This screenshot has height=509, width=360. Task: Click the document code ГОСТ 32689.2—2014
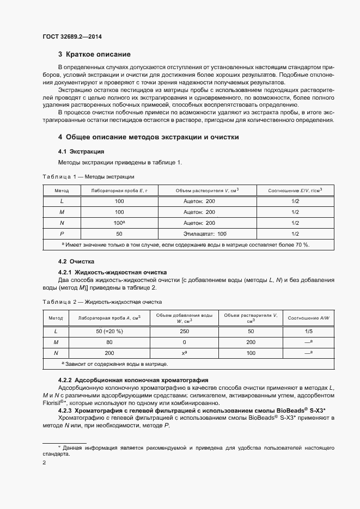(72, 36)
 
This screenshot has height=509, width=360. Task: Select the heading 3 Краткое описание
(94, 54)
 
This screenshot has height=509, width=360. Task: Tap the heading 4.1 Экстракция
(81, 151)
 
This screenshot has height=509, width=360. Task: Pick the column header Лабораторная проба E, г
(119, 191)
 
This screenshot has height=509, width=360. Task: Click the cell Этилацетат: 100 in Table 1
(199, 234)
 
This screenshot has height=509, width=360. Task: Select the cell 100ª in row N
(119, 223)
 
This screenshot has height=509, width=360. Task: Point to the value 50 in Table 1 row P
(119, 234)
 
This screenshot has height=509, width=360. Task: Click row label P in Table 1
(62, 234)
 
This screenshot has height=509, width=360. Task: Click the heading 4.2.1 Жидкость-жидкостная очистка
(112, 272)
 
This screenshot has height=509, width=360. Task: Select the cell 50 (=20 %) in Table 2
(109, 331)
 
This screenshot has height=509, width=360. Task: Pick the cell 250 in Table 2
(184, 331)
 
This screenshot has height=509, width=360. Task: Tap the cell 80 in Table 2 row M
(109, 342)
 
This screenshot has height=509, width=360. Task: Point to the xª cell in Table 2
(184, 353)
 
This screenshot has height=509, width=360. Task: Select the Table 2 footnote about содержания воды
(115, 364)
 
